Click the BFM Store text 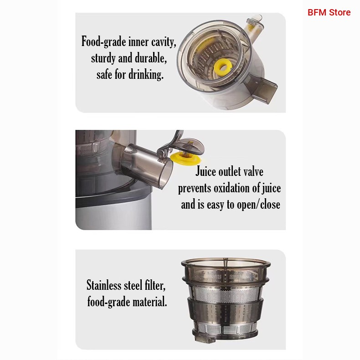coord(329,12)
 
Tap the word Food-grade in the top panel coord(104,42)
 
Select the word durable coord(151,58)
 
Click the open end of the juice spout coord(166,175)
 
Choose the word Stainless coord(104,285)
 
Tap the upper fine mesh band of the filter coord(226,294)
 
